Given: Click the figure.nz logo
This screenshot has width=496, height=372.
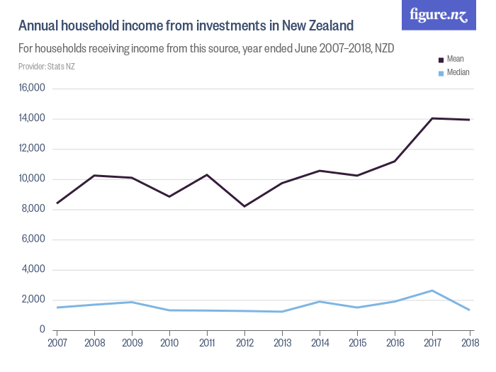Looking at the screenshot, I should point(439,16).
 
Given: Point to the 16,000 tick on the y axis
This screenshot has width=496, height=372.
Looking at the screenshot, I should point(33,89).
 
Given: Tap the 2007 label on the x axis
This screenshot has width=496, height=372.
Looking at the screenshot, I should point(57,344).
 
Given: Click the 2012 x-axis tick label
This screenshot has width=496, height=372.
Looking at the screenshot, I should point(244,344).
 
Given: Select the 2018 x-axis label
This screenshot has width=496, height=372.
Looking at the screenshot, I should point(469,344).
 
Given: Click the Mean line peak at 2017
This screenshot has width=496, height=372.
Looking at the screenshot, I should point(432,118).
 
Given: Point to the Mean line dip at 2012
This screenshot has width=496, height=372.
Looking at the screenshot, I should point(244,206).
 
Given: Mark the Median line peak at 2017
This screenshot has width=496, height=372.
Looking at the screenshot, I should point(432,291).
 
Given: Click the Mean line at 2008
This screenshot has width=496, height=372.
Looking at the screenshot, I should point(94,175).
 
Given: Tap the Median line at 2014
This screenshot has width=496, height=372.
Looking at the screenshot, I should point(320,302).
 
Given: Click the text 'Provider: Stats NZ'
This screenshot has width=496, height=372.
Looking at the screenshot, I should point(47,67).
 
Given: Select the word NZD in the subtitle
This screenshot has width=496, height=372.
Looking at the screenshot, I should point(382,49).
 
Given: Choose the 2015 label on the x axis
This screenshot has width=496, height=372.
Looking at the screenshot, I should point(357,344).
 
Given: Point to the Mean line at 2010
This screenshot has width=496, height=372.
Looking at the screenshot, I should point(169,196).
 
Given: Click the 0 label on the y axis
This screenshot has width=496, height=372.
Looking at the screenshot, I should point(43,330).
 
